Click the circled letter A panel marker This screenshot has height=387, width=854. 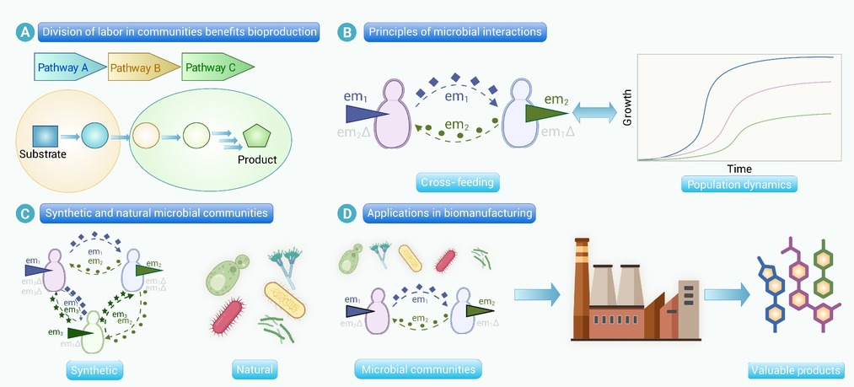tap(26, 33)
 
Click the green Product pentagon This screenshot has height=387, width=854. tap(255, 137)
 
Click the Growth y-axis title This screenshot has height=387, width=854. tap(627, 108)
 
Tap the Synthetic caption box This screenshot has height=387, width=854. tap(96, 369)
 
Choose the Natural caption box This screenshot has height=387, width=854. tap(254, 369)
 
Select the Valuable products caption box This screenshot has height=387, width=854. tap(795, 369)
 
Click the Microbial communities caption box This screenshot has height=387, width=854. tap(416, 369)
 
